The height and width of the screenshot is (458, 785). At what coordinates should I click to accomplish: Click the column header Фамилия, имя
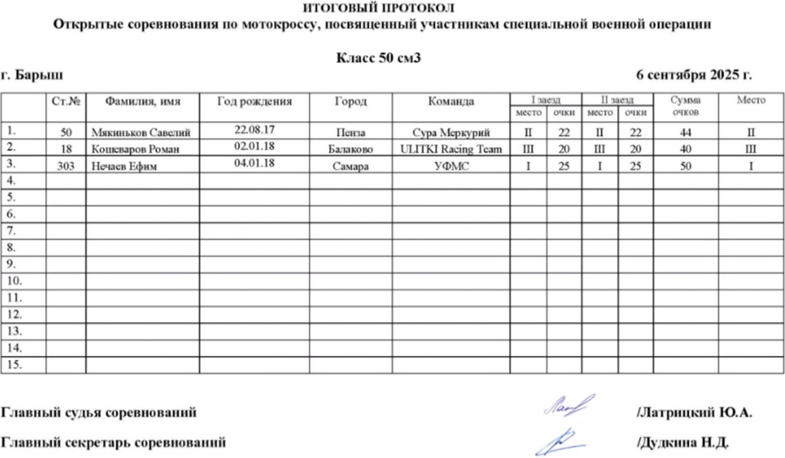coord(142,101)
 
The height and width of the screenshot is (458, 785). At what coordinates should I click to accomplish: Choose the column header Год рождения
coord(255,101)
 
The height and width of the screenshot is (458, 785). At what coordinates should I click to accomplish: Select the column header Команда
coord(451,101)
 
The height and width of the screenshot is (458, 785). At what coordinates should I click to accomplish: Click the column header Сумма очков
coord(685,106)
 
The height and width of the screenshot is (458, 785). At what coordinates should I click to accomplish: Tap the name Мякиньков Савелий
coord(140,133)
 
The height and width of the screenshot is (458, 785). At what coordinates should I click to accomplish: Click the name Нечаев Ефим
coord(124,166)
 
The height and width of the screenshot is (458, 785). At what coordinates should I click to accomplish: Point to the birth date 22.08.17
coord(256,130)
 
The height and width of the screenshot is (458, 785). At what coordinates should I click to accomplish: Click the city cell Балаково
coord(352,149)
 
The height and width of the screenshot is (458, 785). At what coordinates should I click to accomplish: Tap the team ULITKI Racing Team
coord(451,149)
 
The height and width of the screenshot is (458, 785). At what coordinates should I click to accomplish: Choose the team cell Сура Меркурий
coord(451,133)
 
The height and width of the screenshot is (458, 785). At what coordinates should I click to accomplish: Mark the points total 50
coord(685,166)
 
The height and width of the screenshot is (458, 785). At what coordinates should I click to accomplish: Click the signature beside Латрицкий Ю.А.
coord(568,404)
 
